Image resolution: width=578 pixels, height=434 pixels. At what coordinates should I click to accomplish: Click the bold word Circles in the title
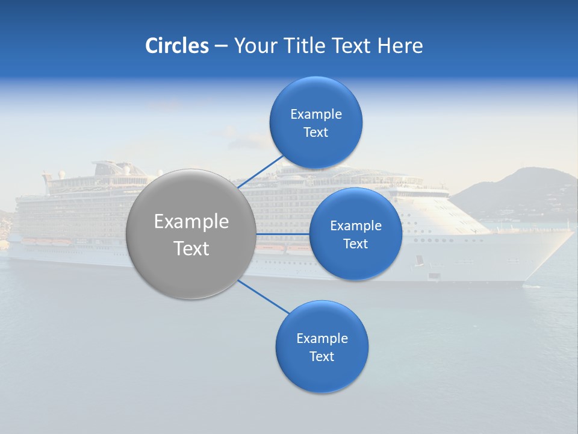pos(176,46)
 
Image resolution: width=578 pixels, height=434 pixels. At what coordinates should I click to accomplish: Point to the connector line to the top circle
pos(260,172)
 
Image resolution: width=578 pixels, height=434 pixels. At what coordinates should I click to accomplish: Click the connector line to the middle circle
pos(282,234)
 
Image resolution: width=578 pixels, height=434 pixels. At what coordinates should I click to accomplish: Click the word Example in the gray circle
pos(191,222)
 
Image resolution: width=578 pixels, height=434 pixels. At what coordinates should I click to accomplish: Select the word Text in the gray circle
pos(191,248)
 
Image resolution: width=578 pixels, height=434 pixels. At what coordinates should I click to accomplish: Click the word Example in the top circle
pos(316,114)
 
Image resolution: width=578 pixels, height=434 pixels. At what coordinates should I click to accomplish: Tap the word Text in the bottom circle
pos(322,356)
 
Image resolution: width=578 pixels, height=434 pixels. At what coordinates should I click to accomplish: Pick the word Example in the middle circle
pos(356,225)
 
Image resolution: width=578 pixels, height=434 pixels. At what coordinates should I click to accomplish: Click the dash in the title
pos(220,46)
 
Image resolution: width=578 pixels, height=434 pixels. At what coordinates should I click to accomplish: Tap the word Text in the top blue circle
pos(316,133)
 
